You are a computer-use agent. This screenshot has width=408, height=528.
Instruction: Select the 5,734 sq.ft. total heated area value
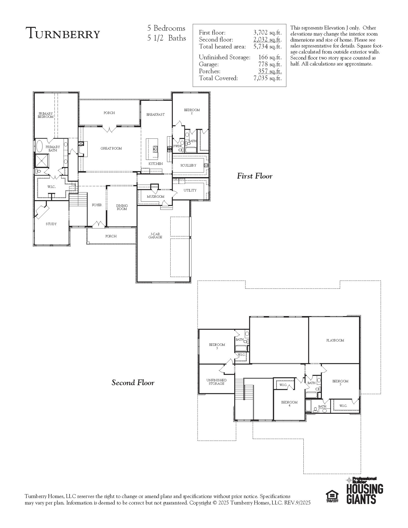click(x=267, y=47)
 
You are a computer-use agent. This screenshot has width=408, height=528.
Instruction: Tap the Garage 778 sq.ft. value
click(x=270, y=64)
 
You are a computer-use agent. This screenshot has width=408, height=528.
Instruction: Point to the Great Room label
click(x=111, y=148)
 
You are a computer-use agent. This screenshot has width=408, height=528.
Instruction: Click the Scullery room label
click(x=188, y=166)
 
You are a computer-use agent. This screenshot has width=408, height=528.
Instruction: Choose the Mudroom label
click(x=155, y=197)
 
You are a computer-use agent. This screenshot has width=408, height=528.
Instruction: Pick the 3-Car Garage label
click(x=155, y=236)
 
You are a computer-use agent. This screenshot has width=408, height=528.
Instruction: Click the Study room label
click(x=51, y=224)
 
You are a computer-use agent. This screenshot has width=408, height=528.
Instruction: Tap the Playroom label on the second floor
click(x=335, y=340)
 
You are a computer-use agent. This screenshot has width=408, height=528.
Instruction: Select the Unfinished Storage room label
click(x=217, y=382)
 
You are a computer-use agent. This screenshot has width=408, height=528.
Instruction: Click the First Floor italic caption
click(x=254, y=176)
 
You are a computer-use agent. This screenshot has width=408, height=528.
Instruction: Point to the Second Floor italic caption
click(x=133, y=383)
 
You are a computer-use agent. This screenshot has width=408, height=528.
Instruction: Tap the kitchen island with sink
click(x=152, y=149)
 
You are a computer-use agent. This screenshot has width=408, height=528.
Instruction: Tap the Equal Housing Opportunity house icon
click(x=332, y=496)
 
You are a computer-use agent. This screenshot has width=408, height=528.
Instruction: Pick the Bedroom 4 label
click(x=289, y=404)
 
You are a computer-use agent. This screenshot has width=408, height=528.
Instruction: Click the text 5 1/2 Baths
click(x=166, y=38)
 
